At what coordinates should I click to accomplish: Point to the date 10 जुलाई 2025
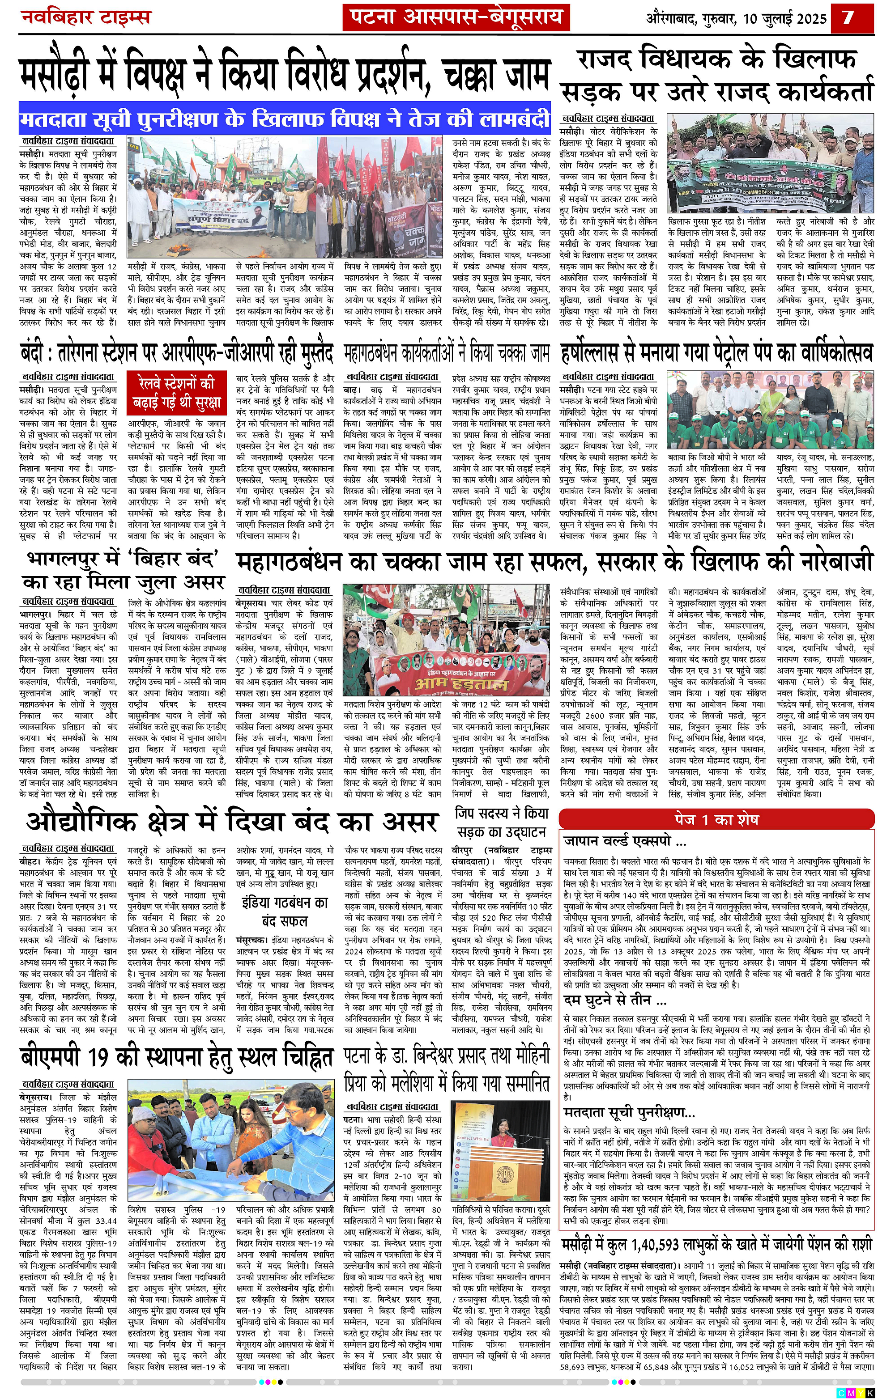point(784,19)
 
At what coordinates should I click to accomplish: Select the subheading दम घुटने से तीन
point(615,999)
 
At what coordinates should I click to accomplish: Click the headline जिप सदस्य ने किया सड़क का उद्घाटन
point(502,822)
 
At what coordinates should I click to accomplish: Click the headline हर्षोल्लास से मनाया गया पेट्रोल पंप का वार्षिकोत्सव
point(716,352)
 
